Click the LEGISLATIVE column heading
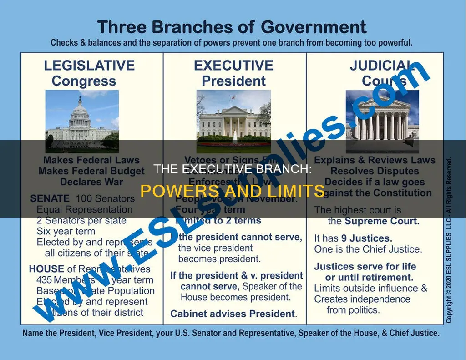pyautogui.click(x=89, y=66)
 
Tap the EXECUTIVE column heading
pyautogui.click(x=233, y=66)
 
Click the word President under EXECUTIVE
pyautogui.click(x=233, y=81)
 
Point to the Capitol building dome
pyautogui.click(x=80, y=112)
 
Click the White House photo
pyautogui.click(x=233, y=121)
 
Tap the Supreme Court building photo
pyautogui.click(x=382, y=121)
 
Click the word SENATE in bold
pyautogui.click(x=50, y=198)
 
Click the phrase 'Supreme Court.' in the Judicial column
pyautogui.click(x=381, y=222)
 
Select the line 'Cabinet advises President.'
pyautogui.click(x=233, y=314)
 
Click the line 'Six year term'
pyautogui.click(x=66, y=231)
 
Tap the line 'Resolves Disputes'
pyautogui.click(x=375, y=171)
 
